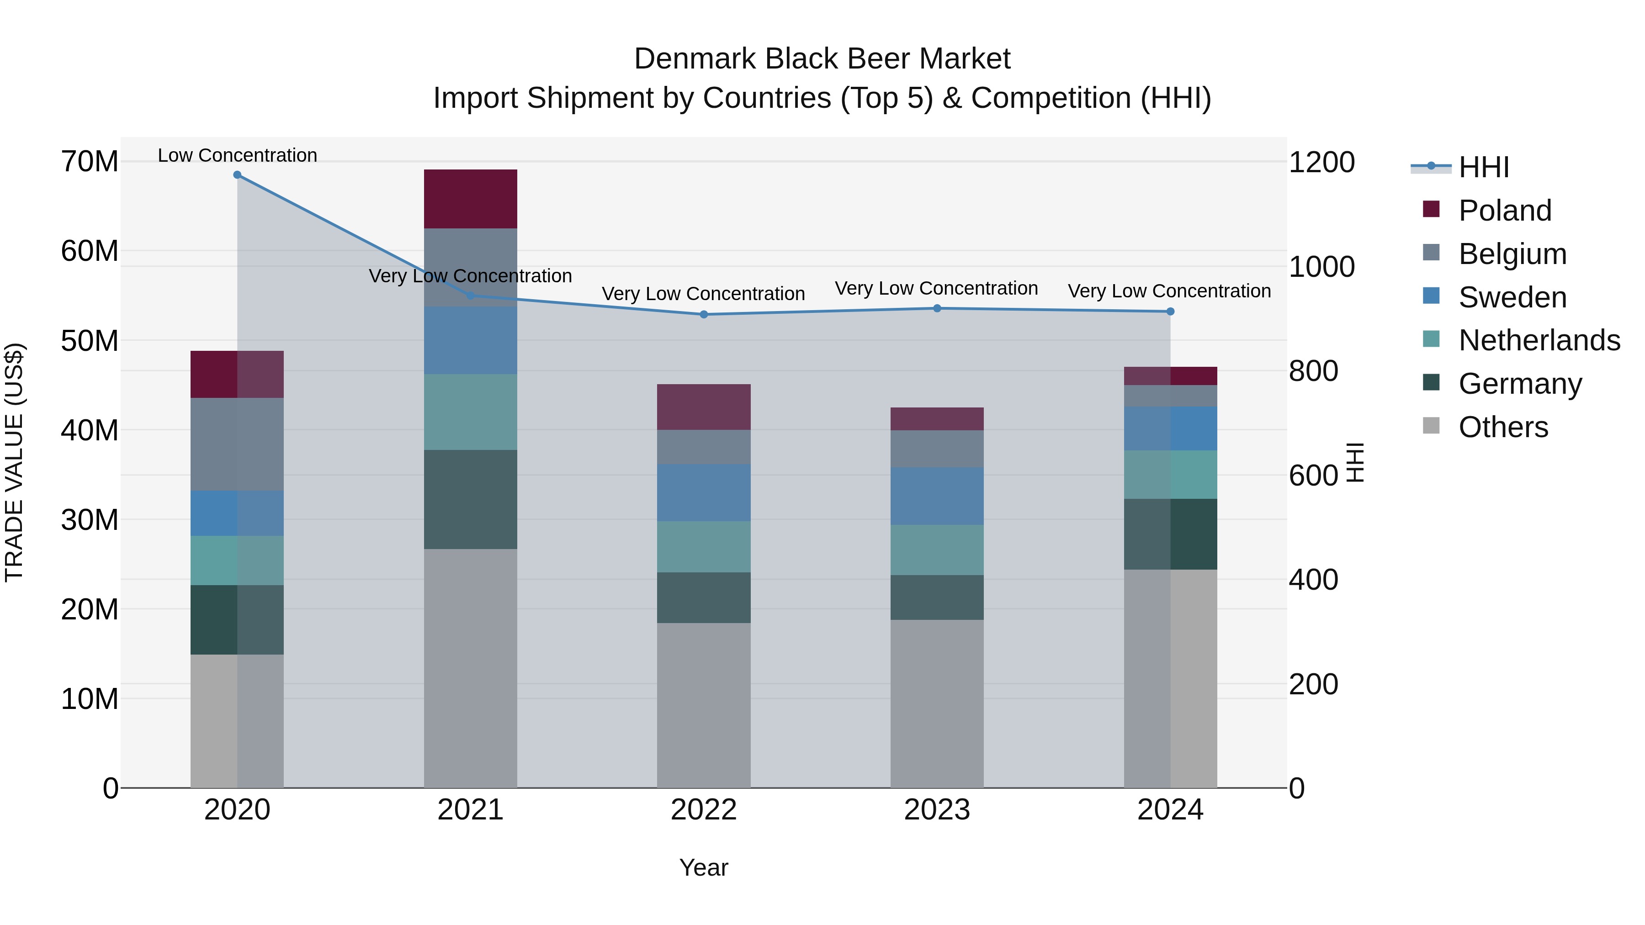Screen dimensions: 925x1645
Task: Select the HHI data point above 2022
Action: tap(704, 314)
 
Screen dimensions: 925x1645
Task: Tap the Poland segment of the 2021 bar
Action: tap(470, 199)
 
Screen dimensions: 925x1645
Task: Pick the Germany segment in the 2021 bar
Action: tap(470, 499)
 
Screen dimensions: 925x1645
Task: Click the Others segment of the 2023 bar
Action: tap(937, 703)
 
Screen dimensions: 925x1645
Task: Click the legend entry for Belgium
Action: tap(1512, 254)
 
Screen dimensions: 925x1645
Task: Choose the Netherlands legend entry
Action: tap(1539, 340)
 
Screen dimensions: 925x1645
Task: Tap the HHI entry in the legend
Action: tap(1483, 167)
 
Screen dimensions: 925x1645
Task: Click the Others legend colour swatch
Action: tap(1431, 426)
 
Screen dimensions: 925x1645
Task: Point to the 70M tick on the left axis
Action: tap(90, 162)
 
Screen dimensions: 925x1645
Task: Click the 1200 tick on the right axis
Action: tap(1321, 162)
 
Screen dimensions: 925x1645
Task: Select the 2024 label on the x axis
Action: tap(1170, 810)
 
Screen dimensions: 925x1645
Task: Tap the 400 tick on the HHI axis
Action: tap(1313, 580)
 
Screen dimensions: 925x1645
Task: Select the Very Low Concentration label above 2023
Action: tap(936, 289)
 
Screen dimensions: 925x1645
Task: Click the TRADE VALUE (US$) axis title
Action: tap(14, 462)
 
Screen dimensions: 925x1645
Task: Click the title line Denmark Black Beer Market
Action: tap(822, 59)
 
